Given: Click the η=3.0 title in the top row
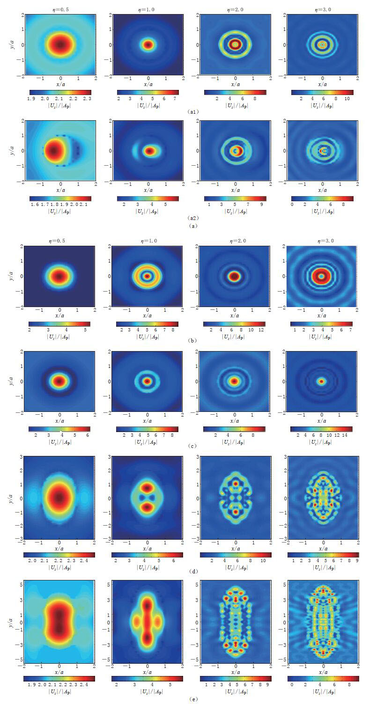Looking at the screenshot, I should coord(322,6).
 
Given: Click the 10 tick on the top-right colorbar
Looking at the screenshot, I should coord(346,99).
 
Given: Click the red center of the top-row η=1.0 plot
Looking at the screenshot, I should coord(148,45).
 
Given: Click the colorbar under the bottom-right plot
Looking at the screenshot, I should coord(322,678).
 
